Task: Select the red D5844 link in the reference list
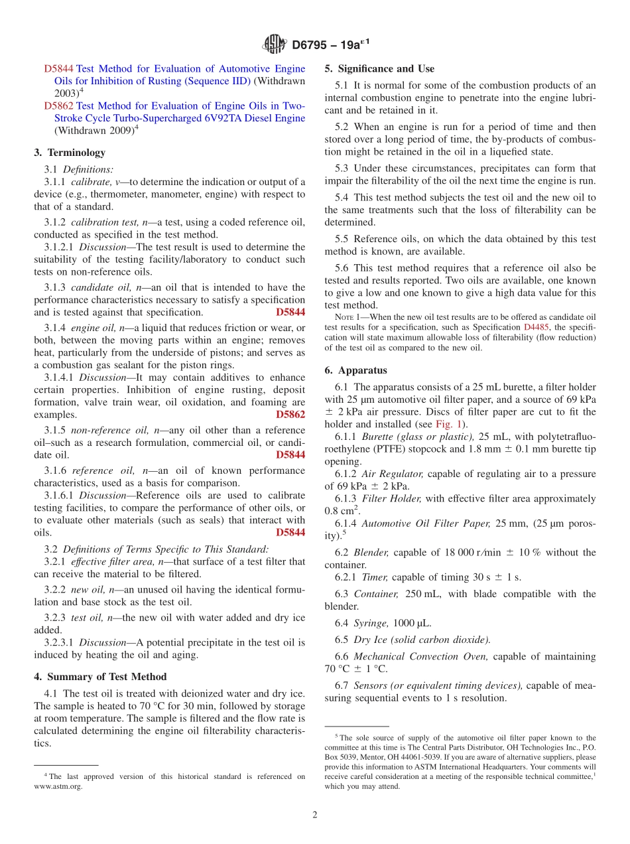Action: pos(58,68)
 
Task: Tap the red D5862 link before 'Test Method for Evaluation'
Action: pos(58,105)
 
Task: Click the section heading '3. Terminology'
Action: pos(70,153)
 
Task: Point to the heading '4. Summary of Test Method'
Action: pos(100,677)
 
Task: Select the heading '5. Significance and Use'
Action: pos(379,68)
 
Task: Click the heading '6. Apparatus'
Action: pos(355,370)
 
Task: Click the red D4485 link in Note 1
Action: pos(536,327)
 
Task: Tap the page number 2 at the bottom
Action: pos(315,815)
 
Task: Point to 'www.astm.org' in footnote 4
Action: pos(58,786)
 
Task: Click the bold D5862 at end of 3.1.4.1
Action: pos(290,415)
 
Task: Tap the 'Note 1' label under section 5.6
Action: pos(349,316)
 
